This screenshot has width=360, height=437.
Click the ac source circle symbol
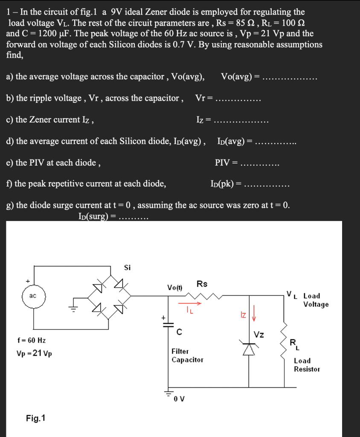click(33, 296)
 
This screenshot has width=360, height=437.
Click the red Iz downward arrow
click(255, 315)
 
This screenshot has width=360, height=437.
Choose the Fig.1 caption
click(36, 418)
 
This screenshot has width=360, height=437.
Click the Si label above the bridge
click(127, 268)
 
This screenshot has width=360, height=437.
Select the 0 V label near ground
click(179, 399)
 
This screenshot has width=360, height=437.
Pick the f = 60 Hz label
click(32, 341)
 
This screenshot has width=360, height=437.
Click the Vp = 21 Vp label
click(34, 354)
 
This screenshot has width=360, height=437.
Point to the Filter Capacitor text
click(187, 355)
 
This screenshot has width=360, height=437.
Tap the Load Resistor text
click(307, 365)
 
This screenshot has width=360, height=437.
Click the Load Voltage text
click(316, 300)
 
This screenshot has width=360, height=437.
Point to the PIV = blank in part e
click(261, 163)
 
